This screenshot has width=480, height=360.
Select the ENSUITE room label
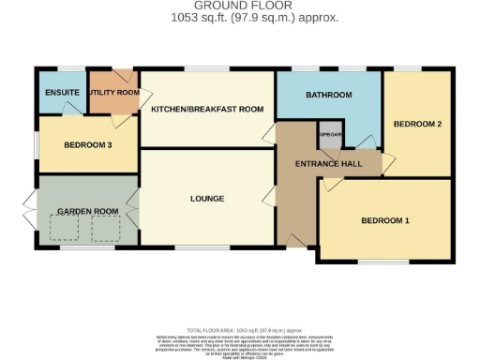coord(60,93)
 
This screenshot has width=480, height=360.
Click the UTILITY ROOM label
coord(113,93)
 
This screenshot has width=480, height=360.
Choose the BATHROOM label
coord(329,96)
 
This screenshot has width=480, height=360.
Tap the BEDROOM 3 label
coord(87,145)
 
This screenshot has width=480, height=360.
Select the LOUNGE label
coord(205,199)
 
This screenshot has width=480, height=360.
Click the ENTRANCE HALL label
coord(322,165)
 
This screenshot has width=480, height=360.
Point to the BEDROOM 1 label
coord(385,220)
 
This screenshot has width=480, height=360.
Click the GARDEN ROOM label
coord(87,212)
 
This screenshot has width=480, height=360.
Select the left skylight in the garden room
coord(66,225)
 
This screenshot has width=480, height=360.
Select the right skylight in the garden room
coord(105,225)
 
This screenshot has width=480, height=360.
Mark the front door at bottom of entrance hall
coord(297,241)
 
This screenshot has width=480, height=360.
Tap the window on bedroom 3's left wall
coord(36,144)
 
